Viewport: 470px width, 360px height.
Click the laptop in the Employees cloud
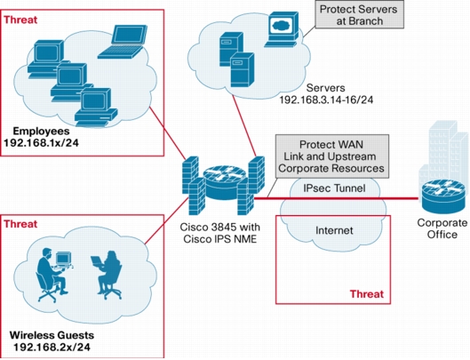(x=123, y=42)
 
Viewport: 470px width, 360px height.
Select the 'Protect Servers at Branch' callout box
(x=360, y=15)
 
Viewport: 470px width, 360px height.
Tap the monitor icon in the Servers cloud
(x=282, y=29)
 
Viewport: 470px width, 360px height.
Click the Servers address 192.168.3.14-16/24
(x=326, y=100)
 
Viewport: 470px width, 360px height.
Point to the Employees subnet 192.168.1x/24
(x=41, y=143)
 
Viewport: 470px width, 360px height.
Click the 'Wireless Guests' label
(x=52, y=335)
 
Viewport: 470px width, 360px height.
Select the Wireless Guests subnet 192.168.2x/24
(x=52, y=347)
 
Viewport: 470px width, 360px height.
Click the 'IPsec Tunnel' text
(x=334, y=188)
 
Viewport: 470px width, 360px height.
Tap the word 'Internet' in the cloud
(x=334, y=230)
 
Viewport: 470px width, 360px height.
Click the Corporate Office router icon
(x=444, y=196)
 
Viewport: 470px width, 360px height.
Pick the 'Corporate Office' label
(x=442, y=228)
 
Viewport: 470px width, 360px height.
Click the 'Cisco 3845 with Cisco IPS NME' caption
(x=220, y=233)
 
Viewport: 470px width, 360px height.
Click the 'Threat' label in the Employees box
(x=20, y=20)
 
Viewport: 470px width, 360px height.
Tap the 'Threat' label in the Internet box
(x=367, y=294)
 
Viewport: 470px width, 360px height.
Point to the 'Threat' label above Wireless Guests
(x=20, y=224)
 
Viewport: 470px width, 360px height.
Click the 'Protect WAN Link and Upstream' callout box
(x=332, y=156)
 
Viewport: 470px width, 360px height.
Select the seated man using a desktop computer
(x=54, y=275)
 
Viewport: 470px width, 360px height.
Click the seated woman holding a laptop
(x=108, y=275)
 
